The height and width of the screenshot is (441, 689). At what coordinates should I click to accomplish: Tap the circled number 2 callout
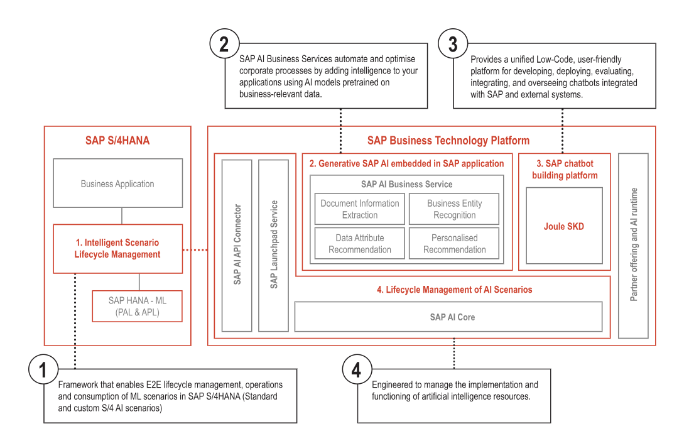coord(224,44)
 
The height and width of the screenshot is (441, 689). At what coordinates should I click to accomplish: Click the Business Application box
coord(117,183)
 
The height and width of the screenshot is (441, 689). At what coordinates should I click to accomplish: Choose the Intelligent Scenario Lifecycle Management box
coord(117,248)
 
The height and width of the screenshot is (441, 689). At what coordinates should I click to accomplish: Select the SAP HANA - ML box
coord(137,306)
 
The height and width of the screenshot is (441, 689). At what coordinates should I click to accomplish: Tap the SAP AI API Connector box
coord(237,245)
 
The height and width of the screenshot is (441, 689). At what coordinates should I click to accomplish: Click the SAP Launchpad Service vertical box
coord(274,245)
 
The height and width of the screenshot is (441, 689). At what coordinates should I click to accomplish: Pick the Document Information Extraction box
coord(359,209)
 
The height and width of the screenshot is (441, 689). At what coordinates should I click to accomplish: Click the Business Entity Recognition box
coord(454,209)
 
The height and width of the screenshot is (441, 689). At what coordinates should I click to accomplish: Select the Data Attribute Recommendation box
coord(359,244)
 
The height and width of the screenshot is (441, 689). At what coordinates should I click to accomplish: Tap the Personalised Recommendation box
coord(454,244)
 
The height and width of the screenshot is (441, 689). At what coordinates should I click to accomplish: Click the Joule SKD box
coord(563,226)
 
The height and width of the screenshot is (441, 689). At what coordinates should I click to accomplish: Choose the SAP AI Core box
coord(448,317)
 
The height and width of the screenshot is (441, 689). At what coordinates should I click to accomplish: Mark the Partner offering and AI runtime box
coord(633,245)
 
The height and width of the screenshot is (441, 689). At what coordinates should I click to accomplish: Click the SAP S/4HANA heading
coord(117,141)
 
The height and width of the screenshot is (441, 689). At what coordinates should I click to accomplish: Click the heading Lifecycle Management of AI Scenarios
coord(454,290)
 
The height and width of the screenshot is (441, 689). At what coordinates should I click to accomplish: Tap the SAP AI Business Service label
coord(406,184)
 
